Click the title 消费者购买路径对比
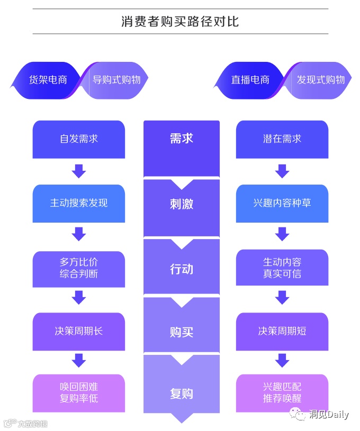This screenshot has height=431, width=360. (x=180, y=22)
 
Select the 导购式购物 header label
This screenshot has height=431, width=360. (x=116, y=80)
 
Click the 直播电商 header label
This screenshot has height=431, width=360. (x=250, y=80)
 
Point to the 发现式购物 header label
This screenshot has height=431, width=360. (x=320, y=80)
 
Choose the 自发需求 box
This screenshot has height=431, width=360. (x=79, y=139)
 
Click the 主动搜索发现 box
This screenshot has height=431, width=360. (x=79, y=203)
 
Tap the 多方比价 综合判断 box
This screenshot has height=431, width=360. (x=79, y=268)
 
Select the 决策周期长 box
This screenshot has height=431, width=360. (x=79, y=332)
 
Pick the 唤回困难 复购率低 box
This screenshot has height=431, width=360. (x=79, y=393)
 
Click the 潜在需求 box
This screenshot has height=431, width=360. (x=282, y=139)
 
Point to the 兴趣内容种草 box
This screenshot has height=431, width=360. (x=282, y=203)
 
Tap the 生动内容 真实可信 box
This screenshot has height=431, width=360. (x=282, y=268)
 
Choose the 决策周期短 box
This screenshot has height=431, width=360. (x=282, y=332)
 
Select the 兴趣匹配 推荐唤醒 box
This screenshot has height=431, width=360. (x=282, y=393)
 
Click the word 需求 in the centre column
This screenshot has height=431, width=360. (x=181, y=139)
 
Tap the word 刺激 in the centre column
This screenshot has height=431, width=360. (x=181, y=204)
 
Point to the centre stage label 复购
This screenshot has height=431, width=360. (x=181, y=394)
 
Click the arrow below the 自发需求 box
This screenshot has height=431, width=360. (x=79, y=171)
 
